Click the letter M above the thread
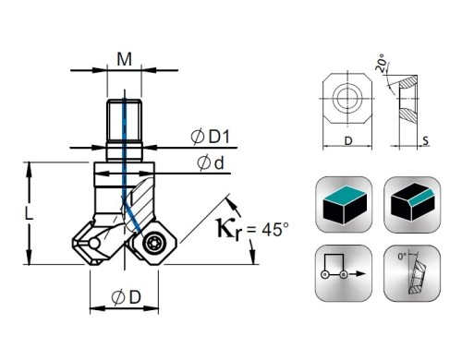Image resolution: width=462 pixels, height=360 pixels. (125, 59)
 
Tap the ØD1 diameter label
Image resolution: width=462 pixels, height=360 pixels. (211, 137)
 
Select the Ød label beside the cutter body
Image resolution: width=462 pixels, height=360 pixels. (211, 163)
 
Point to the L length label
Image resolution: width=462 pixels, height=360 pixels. (29, 213)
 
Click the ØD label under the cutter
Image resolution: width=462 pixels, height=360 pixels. (127, 297)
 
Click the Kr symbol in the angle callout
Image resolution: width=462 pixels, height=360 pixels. (228, 230)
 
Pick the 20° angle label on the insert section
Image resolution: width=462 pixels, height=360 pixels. (382, 63)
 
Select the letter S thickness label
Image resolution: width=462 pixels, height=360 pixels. (425, 140)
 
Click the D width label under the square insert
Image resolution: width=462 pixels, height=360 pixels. (348, 141)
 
